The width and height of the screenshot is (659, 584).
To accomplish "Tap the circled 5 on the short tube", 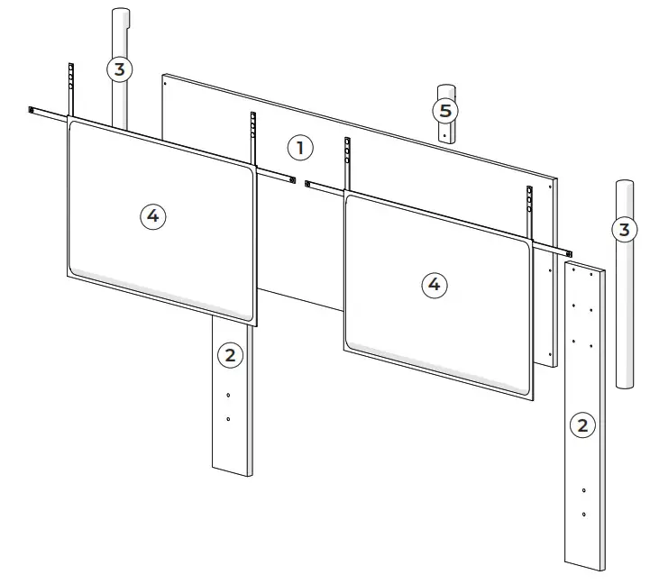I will pos(444,111).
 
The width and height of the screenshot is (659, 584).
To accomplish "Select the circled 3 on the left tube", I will pos(120,68).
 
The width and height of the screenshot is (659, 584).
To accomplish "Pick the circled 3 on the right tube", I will pos(623,229).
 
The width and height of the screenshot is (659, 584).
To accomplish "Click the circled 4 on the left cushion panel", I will pos(152,214).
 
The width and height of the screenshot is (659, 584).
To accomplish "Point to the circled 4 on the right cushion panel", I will pos(435,285).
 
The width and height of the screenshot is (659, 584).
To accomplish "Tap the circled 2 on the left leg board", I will pos(230,355).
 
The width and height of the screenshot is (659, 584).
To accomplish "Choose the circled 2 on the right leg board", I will pos(582,425).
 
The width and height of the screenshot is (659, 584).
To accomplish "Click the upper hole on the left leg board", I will pos(229,396).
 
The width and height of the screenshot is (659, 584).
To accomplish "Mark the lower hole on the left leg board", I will pos(229,419).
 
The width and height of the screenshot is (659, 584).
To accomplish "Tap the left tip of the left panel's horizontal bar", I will pos(32,110).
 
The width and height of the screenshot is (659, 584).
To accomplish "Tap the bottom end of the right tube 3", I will pos(623,385).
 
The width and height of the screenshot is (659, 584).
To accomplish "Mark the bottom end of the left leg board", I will pos(233,470).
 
